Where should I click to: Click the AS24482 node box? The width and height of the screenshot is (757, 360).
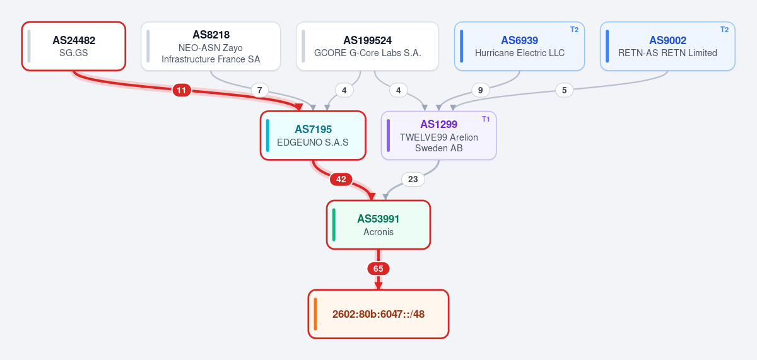click(x=74, y=46)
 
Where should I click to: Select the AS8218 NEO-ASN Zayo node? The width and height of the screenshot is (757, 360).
click(x=211, y=46)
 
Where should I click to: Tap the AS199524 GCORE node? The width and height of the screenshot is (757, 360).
click(x=367, y=46)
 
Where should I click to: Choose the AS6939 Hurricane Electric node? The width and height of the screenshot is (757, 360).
click(x=519, y=46)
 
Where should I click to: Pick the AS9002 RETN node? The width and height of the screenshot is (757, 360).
click(x=667, y=46)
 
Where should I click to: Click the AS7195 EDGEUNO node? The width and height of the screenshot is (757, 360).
click(x=313, y=136)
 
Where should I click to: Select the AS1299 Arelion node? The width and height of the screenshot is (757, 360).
click(x=438, y=136)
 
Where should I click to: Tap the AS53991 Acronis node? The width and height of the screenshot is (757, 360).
click(x=378, y=225)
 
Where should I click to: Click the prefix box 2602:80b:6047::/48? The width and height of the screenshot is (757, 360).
click(x=378, y=314)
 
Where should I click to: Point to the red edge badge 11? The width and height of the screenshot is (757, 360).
click(x=182, y=90)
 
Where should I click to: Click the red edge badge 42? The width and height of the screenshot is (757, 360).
click(x=341, y=179)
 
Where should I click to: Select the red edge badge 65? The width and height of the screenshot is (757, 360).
click(x=378, y=269)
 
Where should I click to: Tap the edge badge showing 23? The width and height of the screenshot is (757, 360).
click(x=413, y=179)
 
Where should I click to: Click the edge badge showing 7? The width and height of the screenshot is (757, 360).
click(x=259, y=90)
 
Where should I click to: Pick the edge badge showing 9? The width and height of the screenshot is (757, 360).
click(x=480, y=90)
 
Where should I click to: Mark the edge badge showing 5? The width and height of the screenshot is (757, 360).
click(x=564, y=90)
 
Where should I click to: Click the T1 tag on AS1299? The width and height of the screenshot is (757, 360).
click(x=486, y=119)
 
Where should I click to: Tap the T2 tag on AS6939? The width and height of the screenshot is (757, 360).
click(x=574, y=30)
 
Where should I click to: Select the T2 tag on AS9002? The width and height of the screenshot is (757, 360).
click(x=724, y=30)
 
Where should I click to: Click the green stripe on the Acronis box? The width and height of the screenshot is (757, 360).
click(x=334, y=225)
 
